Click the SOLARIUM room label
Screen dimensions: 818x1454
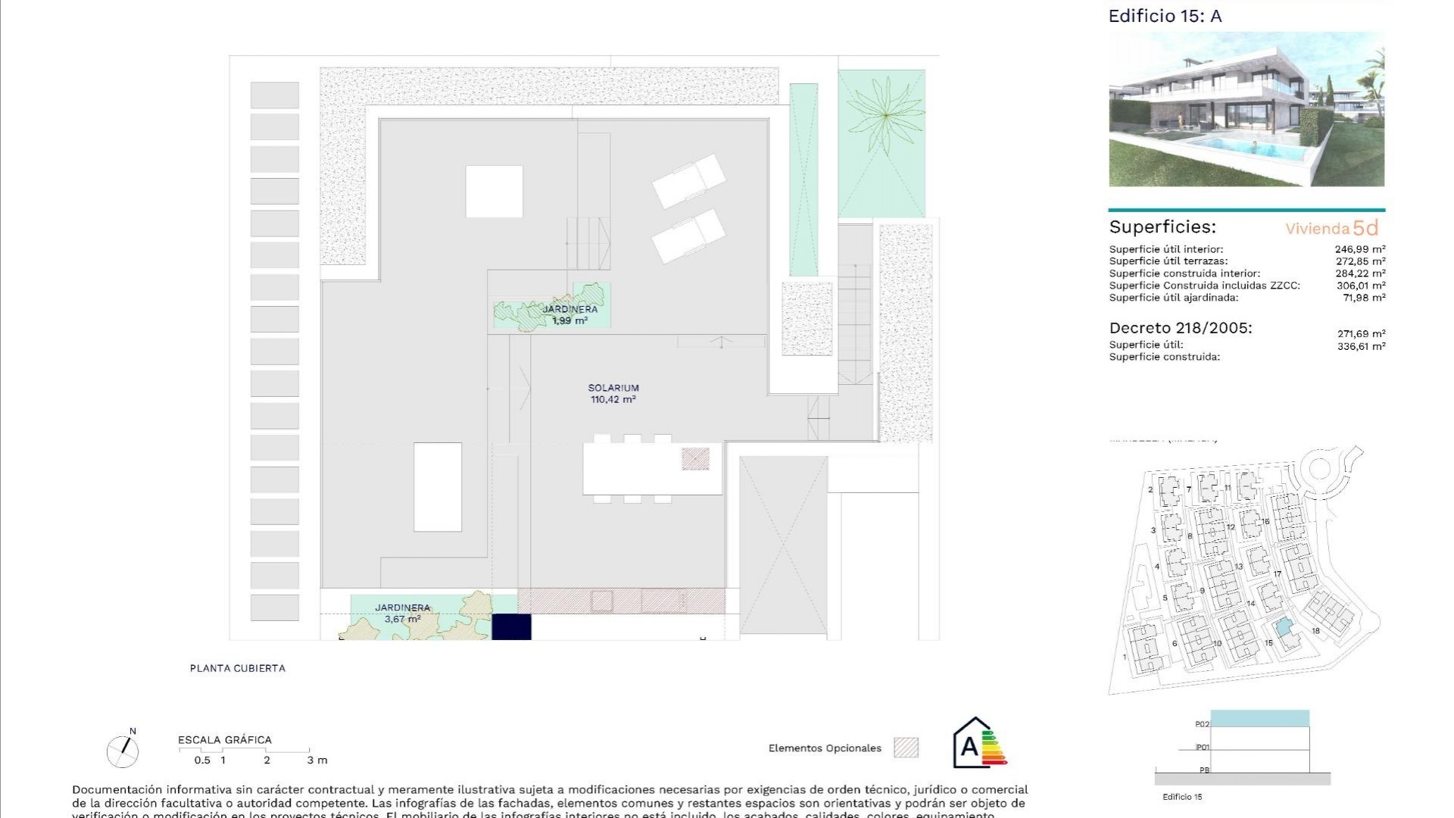pyautogui.click(x=613, y=388)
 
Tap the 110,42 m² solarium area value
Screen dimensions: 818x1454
pyautogui.click(x=613, y=399)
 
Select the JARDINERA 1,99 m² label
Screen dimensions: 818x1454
pyautogui.click(x=569, y=314)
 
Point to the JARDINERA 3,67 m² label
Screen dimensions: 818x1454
pyautogui.click(x=402, y=613)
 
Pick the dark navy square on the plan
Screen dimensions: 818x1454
pyautogui.click(x=511, y=627)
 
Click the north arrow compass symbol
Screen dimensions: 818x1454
pyautogui.click(x=123, y=751)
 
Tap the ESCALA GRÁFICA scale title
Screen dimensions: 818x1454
pyautogui.click(x=224, y=740)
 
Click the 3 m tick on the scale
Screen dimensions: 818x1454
pyautogui.click(x=317, y=760)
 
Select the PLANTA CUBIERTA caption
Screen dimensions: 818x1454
pyautogui.click(x=238, y=668)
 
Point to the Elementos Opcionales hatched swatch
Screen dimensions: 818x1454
pyautogui.click(x=906, y=748)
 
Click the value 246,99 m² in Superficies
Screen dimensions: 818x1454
pyautogui.click(x=1359, y=249)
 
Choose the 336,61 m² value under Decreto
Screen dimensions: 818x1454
pyautogui.click(x=1361, y=346)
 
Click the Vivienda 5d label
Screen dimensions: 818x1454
pyautogui.click(x=1331, y=228)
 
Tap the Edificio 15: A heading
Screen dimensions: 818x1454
pyautogui.click(x=1165, y=16)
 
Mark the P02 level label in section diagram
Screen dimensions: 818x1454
pyautogui.click(x=1202, y=725)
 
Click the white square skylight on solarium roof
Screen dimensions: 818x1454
pyautogui.click(x=494, y=191)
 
